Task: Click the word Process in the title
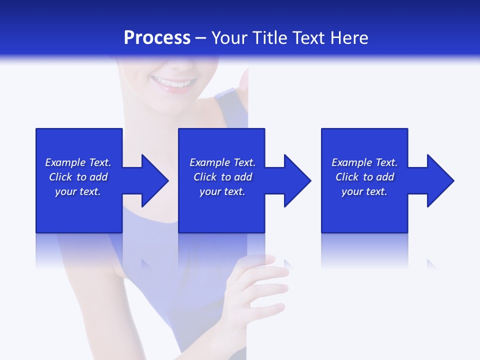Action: [157, 38]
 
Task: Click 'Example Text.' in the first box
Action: [78, 162]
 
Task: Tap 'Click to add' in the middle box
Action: [222, 177]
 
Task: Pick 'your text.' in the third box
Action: [364, 191]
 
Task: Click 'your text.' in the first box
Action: [78, 191]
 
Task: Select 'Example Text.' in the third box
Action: [364, 162]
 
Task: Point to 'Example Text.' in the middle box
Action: [222, 162]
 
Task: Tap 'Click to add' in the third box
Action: [364, 177]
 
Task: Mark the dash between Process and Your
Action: [201, 38]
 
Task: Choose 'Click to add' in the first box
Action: [78, 177]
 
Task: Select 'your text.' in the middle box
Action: [222, 191]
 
